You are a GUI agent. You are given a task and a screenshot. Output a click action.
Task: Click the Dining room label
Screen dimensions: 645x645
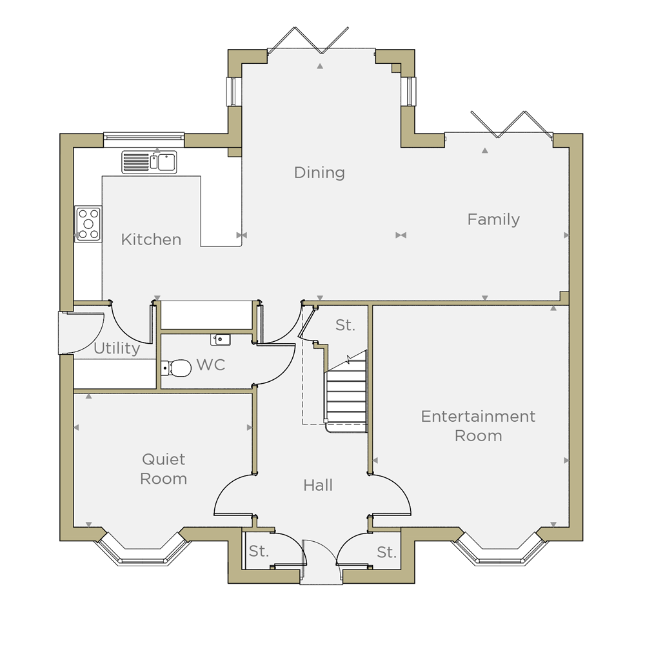[x=319, y=173]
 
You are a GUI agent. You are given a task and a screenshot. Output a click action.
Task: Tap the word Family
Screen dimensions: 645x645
[x=493, y=219]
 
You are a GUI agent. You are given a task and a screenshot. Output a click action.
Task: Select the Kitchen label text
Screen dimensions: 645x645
[x=151, y=239]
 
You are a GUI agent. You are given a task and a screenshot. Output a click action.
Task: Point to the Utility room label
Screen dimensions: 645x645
[x=117, y=348]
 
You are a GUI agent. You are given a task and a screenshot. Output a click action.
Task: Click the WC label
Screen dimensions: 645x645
[x=211, y=365]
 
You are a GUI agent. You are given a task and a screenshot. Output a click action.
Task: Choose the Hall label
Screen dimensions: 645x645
[x=317, y=486]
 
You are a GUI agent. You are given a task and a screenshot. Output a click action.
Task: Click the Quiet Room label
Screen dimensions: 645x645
[x=163, y=469]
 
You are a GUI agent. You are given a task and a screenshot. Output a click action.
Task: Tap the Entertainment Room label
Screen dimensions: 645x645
[x=478, y=426]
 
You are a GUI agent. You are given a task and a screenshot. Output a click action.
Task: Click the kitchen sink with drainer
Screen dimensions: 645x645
[x=149, y=162]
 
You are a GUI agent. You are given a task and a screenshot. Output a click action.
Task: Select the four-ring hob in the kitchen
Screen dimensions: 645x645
[x=88, y=224]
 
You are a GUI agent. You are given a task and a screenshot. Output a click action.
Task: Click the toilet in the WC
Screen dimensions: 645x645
[x=176, y=368]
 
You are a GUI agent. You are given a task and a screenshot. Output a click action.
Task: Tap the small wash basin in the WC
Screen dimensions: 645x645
[x=221, y=340]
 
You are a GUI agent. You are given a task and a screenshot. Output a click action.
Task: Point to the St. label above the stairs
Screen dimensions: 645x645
[x=344, y=325]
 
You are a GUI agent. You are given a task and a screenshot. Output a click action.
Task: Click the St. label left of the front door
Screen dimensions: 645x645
[x=259, y=551]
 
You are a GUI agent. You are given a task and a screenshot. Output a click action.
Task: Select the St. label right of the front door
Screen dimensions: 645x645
[x=386, y=553]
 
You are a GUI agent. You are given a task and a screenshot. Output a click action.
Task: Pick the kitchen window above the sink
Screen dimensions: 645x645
[x=144, y=140]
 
